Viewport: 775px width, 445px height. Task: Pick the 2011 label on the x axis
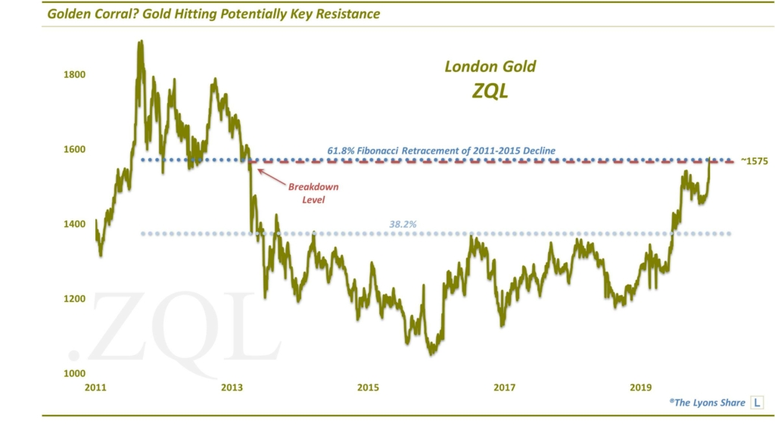95,388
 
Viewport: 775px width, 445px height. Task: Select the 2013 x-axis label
232,388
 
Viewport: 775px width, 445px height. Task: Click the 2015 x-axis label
369,388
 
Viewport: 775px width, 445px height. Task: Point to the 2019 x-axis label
641,388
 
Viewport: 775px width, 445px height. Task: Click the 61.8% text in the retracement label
341,151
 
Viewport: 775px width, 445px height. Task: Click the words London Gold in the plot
490,67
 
